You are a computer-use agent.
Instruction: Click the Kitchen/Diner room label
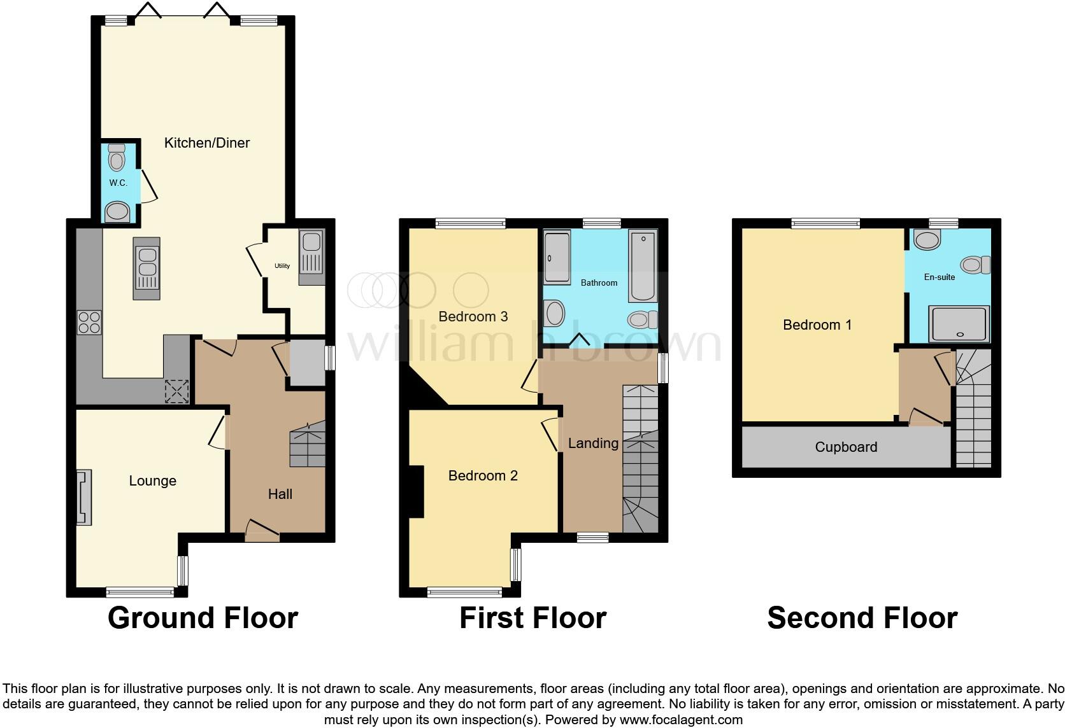207,143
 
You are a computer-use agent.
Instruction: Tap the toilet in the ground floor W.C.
117,157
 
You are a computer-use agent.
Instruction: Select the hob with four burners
89,322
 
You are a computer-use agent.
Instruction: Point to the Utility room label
282,266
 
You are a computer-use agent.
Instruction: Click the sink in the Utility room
311,242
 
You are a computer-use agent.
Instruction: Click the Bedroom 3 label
473,316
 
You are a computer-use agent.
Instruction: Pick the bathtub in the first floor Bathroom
643,266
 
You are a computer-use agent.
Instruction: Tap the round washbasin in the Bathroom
554,314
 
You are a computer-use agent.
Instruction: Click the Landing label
593,443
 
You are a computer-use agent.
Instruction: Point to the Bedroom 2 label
483,475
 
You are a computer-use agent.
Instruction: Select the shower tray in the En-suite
959,323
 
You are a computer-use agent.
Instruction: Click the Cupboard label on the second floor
846,447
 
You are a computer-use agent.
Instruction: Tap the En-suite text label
940,277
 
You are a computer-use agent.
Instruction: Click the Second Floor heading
862,618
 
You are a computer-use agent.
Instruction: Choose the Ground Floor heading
203,618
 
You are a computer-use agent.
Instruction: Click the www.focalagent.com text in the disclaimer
681,720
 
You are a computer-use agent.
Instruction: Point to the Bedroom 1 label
817,325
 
